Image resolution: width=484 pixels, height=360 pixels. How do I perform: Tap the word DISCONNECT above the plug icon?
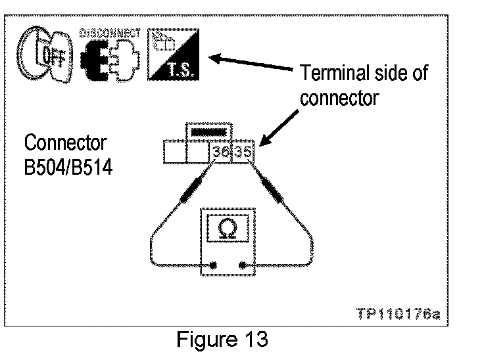click(110, 33)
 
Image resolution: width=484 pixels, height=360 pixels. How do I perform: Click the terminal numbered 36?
click(222, 152)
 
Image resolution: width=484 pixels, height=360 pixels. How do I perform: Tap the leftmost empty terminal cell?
click(175, 152)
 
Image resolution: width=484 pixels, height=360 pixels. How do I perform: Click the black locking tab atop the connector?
click(210, 131)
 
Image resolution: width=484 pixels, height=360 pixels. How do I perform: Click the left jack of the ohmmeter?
click(213, 266)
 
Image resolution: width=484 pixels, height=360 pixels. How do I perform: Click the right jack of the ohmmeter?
click(243, 266)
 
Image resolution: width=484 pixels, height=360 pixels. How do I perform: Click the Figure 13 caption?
click(224, 341)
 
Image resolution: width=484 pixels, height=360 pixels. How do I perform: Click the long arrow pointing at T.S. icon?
click(250, 64)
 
